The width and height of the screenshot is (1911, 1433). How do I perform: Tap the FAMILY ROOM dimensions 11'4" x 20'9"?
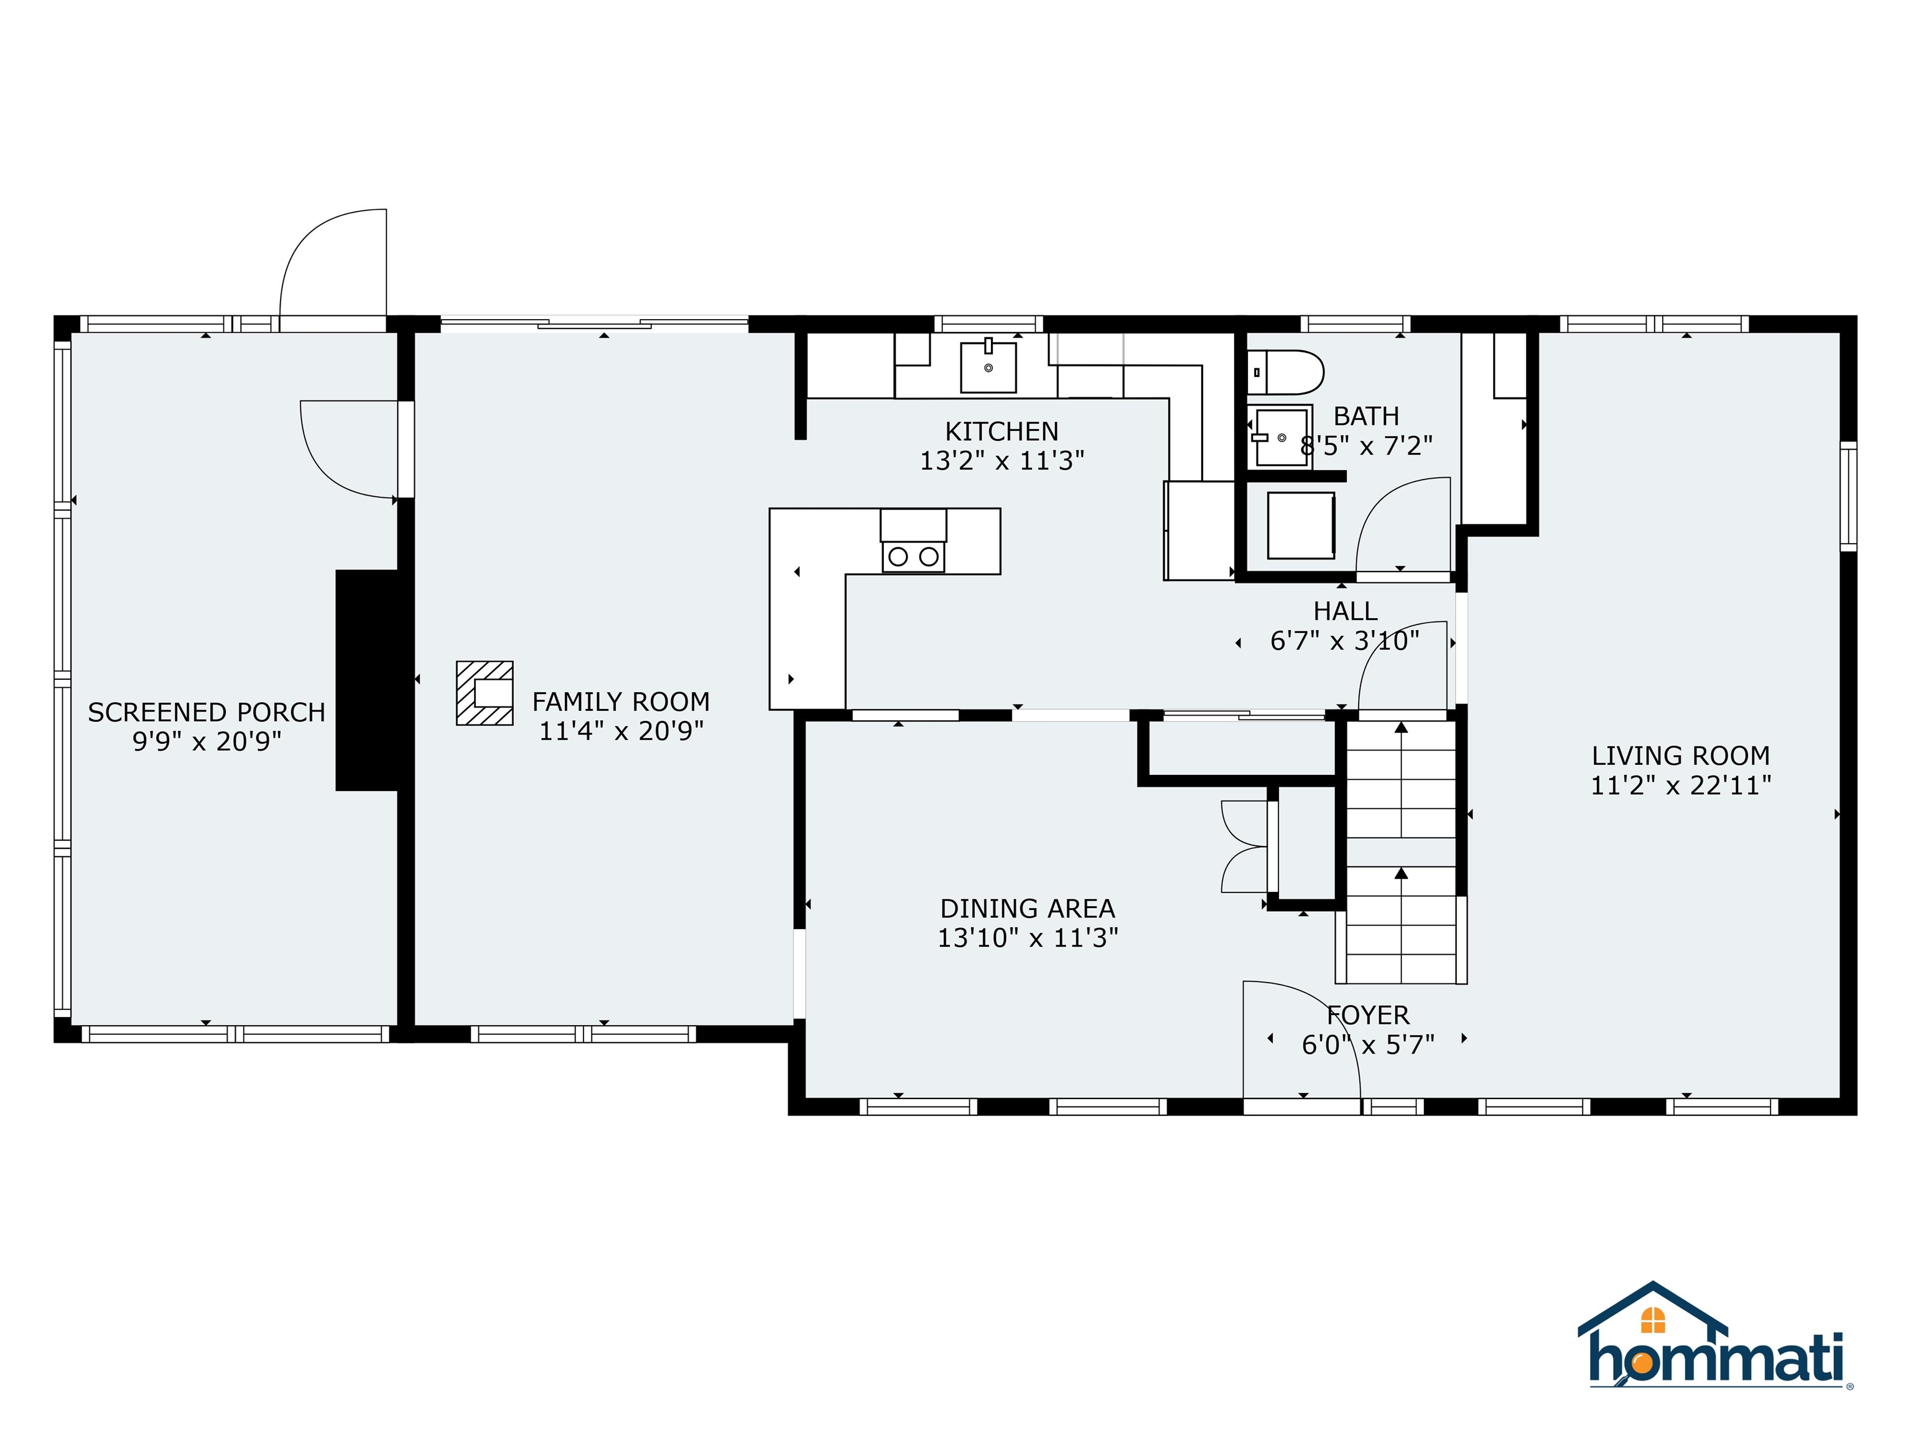(621, 731)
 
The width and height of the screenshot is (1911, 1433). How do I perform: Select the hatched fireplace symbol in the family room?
(485, 693)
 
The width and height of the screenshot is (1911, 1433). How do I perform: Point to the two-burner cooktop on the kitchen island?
(913, 556)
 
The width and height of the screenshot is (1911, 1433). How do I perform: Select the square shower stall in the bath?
(1300, 525)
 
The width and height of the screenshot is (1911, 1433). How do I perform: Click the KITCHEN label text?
(1002, 431)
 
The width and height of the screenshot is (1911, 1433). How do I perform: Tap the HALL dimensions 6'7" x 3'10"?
(1344, 641)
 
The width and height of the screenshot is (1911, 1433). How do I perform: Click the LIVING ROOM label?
(1680, 756)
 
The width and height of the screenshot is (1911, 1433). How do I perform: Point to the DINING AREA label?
(1027, 909)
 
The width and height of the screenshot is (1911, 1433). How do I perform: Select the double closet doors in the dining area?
(1244, 846)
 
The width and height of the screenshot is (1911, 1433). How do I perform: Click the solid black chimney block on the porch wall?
(367, 680)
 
